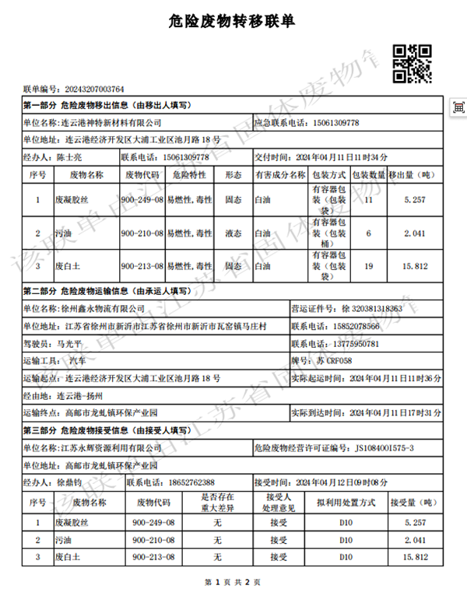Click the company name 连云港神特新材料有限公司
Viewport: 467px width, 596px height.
coord(111,122)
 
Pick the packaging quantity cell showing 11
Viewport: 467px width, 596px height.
coord(369,200)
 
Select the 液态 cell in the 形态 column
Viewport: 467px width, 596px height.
coord(233,233)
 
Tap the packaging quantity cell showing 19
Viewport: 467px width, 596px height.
coord(369,266)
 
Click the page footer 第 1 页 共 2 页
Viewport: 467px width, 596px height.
coord(232,581)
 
